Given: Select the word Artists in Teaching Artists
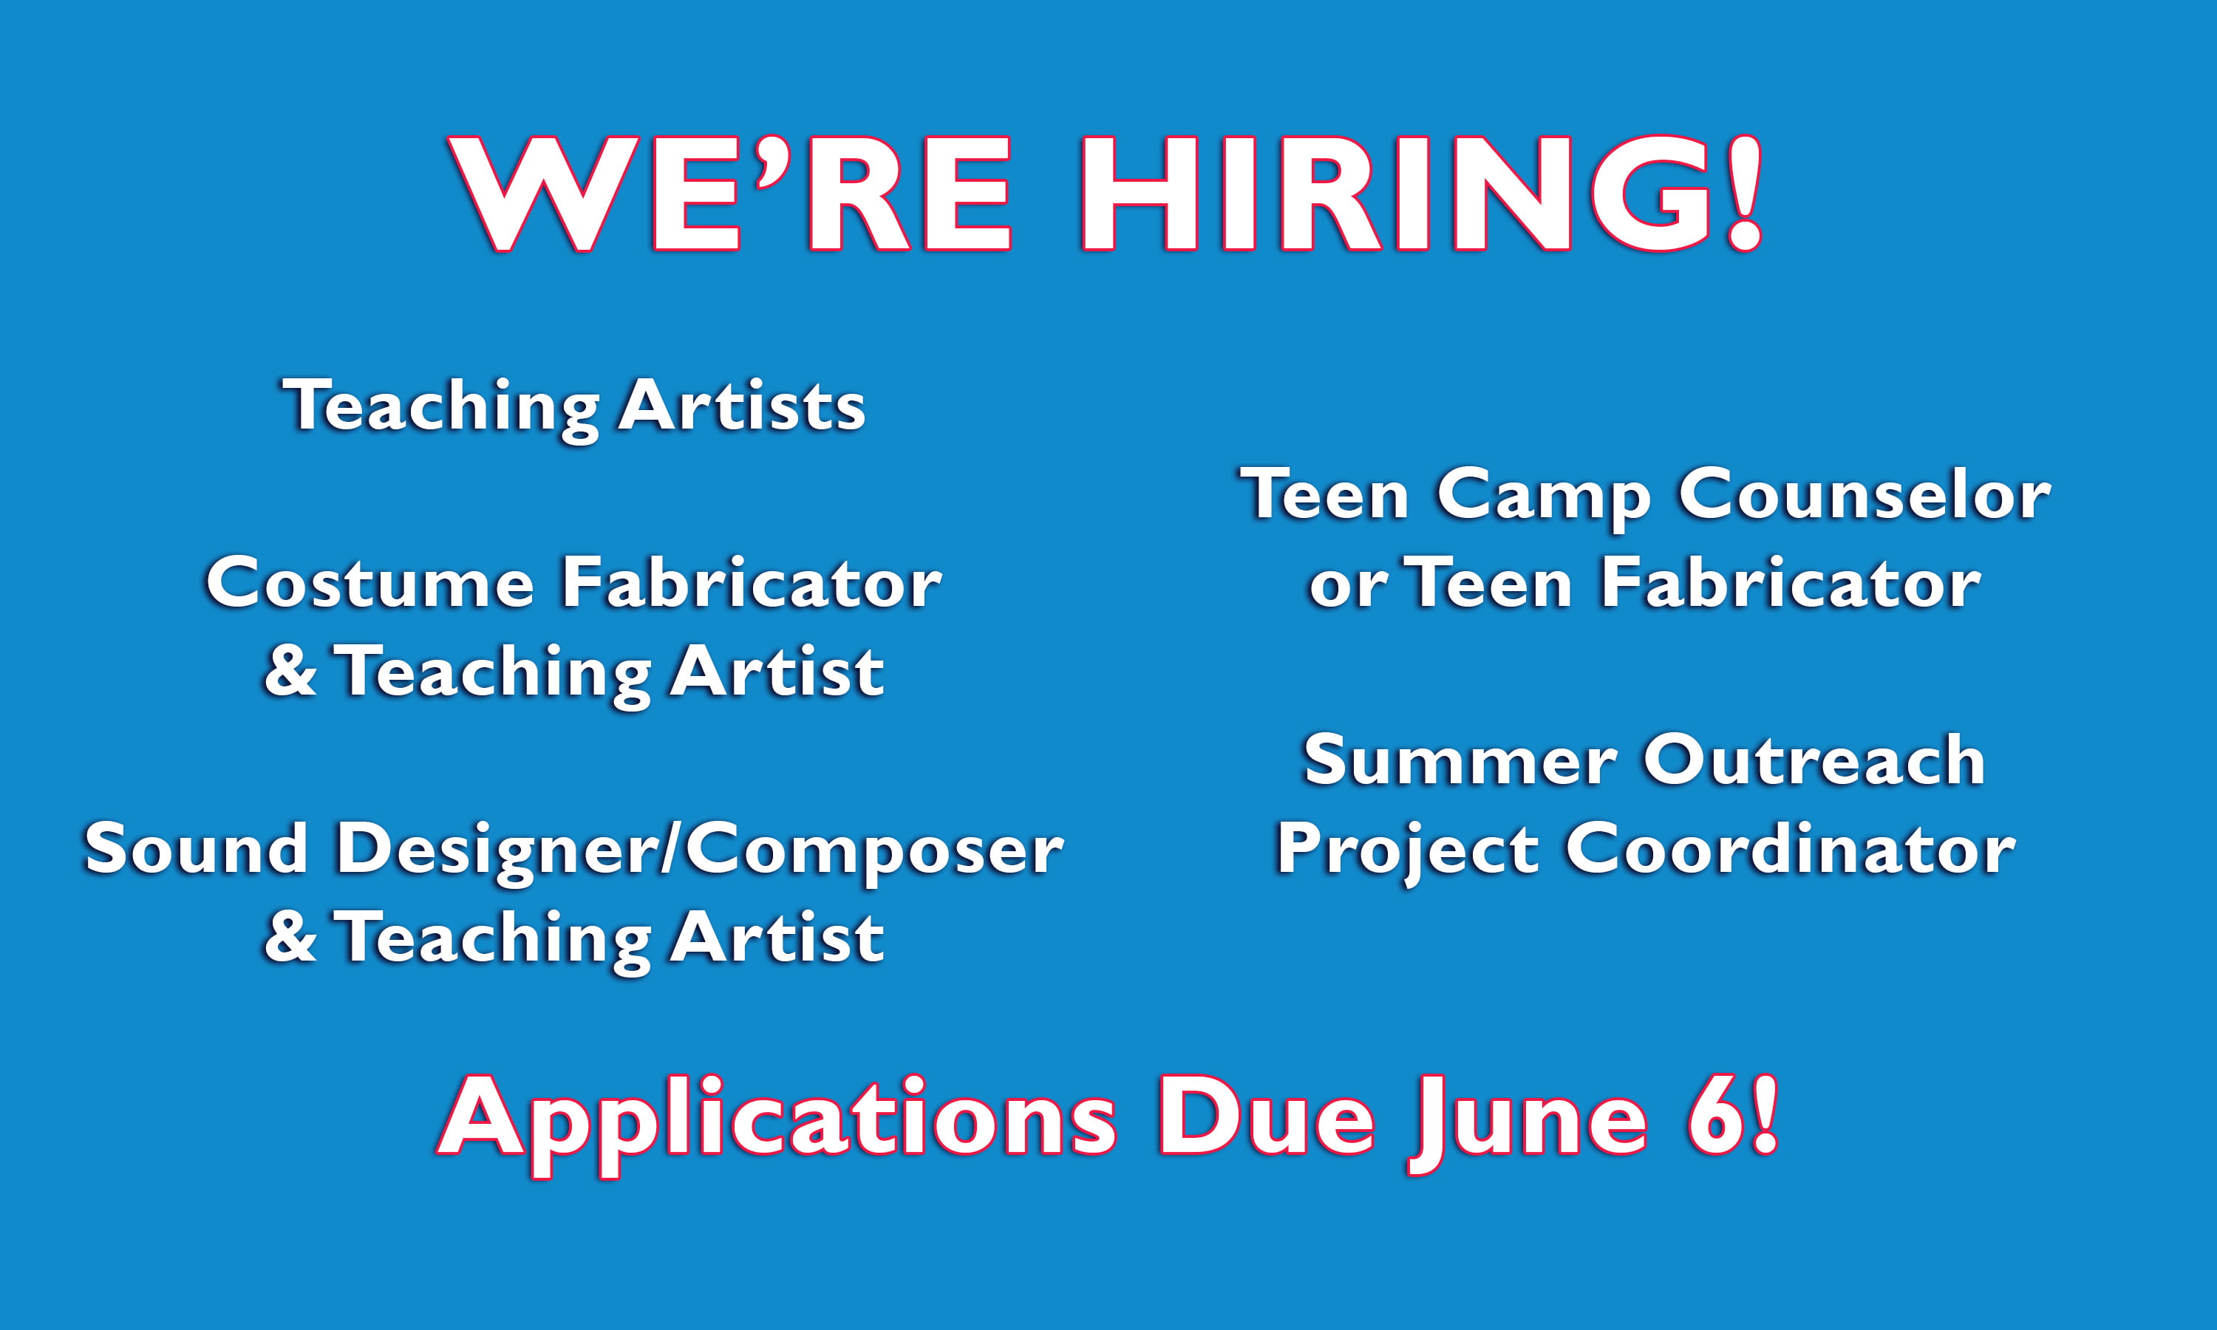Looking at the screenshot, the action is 741,405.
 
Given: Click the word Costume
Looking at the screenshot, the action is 370,584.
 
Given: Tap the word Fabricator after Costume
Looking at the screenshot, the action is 752,584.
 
